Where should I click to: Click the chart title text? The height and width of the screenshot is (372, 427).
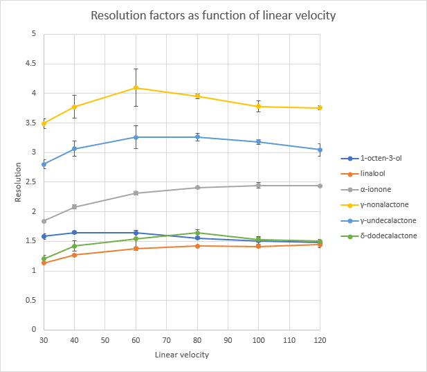coord(213,15)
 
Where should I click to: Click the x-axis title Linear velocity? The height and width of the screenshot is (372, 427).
coord(182,355)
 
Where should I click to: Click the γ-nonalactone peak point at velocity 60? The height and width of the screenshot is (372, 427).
coord(136,88)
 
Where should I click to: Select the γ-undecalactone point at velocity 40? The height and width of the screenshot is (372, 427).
coord(74,149)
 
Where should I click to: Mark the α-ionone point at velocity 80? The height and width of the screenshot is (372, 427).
coord(197,188)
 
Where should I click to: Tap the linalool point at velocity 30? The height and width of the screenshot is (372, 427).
coord(44,263)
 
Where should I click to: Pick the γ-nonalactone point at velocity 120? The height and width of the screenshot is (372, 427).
coord(320,108)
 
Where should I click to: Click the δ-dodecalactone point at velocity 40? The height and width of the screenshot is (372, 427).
coord(74,246)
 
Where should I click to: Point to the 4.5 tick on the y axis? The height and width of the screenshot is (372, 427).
coord(32,64)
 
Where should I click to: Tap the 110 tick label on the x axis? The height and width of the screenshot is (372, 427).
coord(289,340)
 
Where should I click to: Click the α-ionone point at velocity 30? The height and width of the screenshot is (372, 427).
coord(44,221)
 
